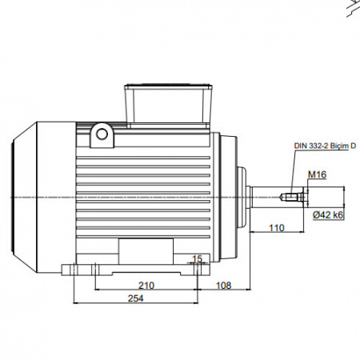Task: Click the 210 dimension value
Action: (146, 286)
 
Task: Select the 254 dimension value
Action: (135, 298)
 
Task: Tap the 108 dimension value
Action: (223, 286)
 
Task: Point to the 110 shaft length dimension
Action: (277, 228)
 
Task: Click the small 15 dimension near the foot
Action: (197, 258)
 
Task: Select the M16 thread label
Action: (317, 174)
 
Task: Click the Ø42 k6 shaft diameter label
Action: (328, 215)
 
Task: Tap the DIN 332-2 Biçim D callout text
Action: (325, 146)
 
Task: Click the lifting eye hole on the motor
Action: (102, 134)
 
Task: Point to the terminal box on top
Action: (169, 106)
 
